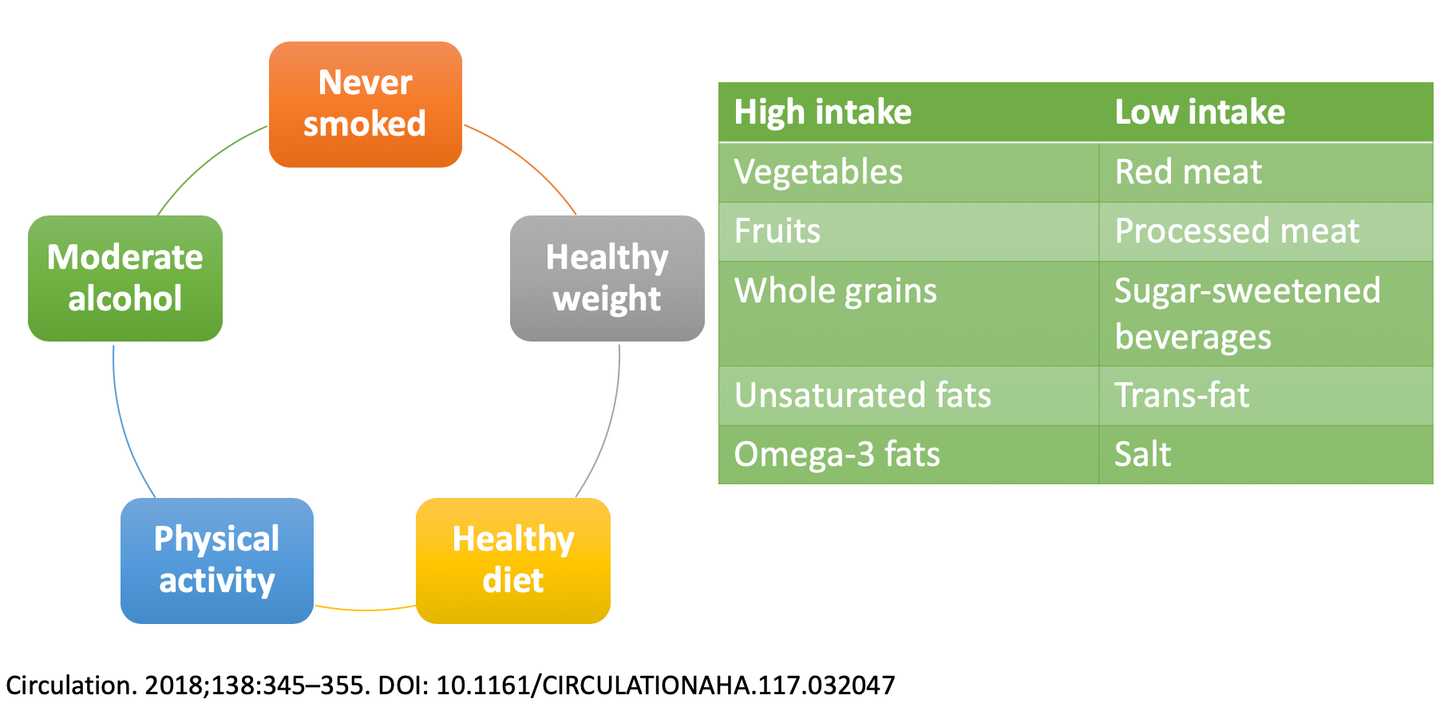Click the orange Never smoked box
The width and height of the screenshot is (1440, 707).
(x=366, y=105)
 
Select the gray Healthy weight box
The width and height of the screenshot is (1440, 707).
(x=607, y=278)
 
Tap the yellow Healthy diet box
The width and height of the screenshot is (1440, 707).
(x=513, y=561)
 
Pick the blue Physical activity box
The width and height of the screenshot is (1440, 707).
(x=217, y=561)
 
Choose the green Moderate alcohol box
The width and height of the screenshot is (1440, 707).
(x=125, y=278)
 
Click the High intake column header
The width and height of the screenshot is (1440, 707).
(x=909, y=113)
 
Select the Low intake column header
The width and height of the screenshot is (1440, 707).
(x=1266, y=113)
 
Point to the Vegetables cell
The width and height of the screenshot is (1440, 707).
(x=909, y=172)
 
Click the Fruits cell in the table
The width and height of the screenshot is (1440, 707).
(x=909, y=231)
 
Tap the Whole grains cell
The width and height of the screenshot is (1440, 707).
(x=909, y=314)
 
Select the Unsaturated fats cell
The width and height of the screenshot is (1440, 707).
(x=909, y=396)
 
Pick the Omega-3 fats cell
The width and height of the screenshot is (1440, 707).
(x=909, y=455)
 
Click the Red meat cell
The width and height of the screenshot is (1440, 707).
(x=1266, y=172)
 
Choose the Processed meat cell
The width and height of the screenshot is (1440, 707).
(x=1266, y=231)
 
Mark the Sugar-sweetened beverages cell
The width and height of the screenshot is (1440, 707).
(x=1266, y=314)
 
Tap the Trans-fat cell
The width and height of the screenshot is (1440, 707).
(x=1266, y=396)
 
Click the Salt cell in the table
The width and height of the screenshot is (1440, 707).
(x=1266, y=455)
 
